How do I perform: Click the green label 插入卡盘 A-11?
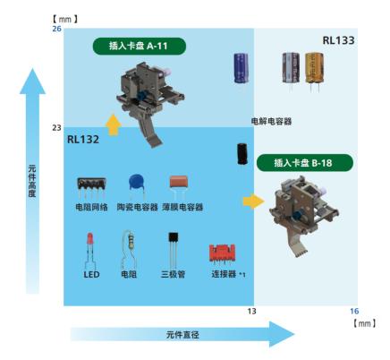click(140, 47)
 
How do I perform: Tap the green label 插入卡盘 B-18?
click(305, 163)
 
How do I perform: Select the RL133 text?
click(338, 40)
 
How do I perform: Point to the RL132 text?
click(83, 140)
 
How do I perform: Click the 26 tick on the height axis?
click(56, 29)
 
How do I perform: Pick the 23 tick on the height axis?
click(56, 128)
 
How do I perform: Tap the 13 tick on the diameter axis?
click(251, 311)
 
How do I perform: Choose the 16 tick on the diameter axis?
click(354, 311)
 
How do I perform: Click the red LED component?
click(90, 251)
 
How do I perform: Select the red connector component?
click(223, 253)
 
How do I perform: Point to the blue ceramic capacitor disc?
click(137, 184)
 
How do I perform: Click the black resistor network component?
click(91, 186)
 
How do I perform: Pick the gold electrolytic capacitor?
click(314, 70)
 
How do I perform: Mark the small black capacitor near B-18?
click(242, 154)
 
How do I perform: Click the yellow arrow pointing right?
click(254, 201)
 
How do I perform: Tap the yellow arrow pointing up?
click(114, 124)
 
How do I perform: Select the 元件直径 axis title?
click(182, 335)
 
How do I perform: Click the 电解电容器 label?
click(271, 122)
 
